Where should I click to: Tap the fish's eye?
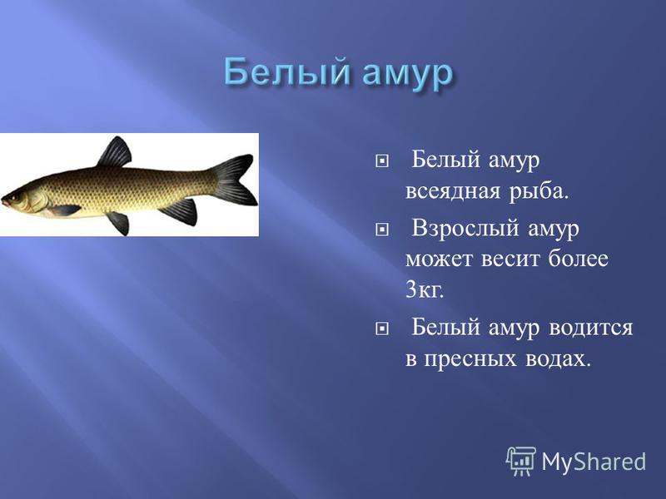(16, 197)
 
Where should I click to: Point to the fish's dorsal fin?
(115, 152)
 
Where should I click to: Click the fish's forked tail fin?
(234, 180)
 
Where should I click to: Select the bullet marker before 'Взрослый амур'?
(382, 230)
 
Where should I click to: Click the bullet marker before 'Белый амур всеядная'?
(382, 161)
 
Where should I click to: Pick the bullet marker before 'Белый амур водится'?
(382, 329)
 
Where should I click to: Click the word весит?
(509, 259)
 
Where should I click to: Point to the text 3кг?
(425, 290)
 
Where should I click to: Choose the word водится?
(591, 329)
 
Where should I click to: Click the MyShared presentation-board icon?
(521, 461)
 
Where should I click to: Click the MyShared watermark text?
(594, 462)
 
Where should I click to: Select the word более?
(578, 258)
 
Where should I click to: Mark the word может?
(440, 259)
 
